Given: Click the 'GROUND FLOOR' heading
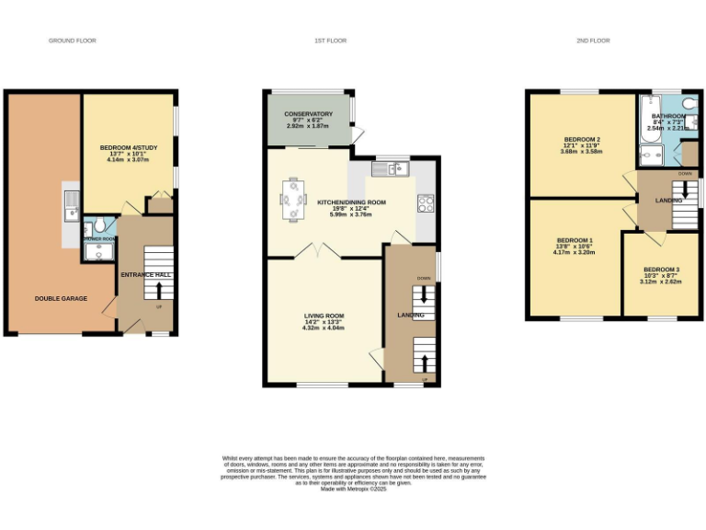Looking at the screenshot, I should pyautogui.click(x=72, y=40).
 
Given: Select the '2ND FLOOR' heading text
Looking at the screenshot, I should pyautogui.click(x=593, y=40).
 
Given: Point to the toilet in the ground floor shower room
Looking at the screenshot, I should pyautogui.click(x=100, y=226).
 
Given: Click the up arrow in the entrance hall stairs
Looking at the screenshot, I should pyautogui.click(x=159, y=292).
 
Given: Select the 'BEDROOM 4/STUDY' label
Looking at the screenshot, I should pyautogui.click(x=127, y=147).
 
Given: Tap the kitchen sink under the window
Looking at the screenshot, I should pyautogui.click(x=392, y=168).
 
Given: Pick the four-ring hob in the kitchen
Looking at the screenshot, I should pyautogui.click(x=426, y=202).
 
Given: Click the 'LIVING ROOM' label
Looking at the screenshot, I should pyautogui.click(x=324, y=316).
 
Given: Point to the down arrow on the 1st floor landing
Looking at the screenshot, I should pyautogui.click(x=423, y=294).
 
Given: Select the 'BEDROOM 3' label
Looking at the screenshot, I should pyautogui.click(x=661, y=270).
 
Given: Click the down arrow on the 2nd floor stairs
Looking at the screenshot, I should pyautogui.click(x=686, y=190).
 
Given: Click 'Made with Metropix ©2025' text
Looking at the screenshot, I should pyautogui.click(x=353, y=490).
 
